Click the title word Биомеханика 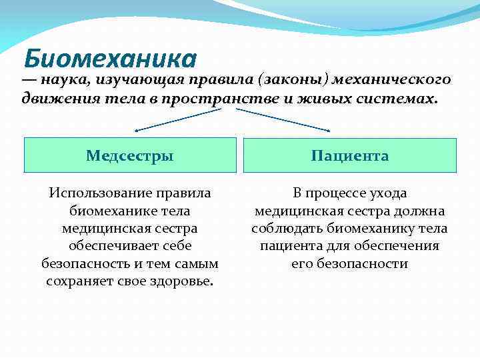pos(110,59)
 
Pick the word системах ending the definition pos(399,99)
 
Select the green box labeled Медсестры pos(130,155)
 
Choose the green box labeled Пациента pos(349,155)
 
